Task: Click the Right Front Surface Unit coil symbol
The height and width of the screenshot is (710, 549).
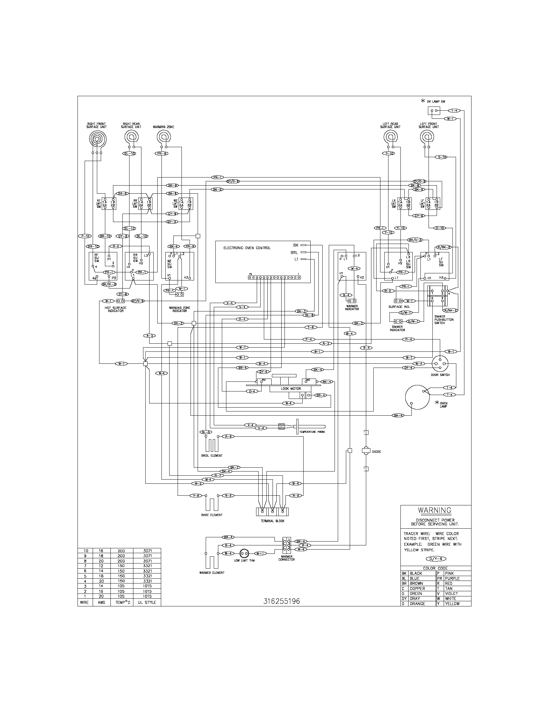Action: pos(97,139)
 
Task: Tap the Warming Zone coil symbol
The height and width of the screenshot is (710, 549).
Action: pos(163,137)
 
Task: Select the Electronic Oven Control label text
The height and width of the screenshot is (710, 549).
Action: pos(247,248)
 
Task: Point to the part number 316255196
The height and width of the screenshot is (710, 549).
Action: pos(282,602)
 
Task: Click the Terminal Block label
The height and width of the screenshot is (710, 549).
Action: pos(273,521)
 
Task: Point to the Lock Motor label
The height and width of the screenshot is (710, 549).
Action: pos(291,389)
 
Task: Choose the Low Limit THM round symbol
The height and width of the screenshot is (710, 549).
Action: pos(244,553)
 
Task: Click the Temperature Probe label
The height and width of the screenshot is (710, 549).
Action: pos(312,432)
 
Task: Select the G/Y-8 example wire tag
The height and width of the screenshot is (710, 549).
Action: pos(436,559)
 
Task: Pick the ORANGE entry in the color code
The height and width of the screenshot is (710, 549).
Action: pos(417,604)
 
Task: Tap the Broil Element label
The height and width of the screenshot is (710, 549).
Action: pos(212,455)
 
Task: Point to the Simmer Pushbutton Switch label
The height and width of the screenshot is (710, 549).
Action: pos(444,319)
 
